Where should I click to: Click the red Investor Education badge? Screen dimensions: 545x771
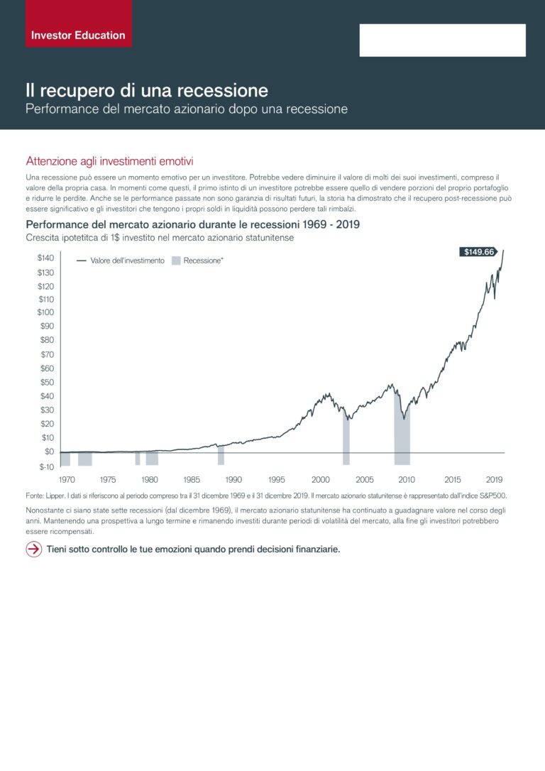79,23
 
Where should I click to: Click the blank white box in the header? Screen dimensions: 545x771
442,40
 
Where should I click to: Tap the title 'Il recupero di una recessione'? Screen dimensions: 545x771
147,90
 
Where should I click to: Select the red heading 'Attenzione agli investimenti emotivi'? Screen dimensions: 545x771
109,161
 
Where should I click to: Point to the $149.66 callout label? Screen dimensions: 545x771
479,252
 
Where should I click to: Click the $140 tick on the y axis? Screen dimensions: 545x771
45,258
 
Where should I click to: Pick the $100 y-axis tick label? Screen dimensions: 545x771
45,312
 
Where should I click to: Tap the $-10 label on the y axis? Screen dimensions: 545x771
47,466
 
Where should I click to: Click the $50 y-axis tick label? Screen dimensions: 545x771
47,382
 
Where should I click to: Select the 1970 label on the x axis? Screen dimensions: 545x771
67,479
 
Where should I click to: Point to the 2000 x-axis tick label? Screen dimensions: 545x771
321,479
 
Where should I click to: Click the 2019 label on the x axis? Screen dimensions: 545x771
494,479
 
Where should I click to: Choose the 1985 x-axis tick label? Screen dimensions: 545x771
192,479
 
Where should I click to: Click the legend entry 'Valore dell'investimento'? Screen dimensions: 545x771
121,261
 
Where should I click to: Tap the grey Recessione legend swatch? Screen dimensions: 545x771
176,261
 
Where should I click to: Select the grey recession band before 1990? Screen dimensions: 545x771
221,455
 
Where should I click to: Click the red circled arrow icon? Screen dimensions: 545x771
34,549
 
